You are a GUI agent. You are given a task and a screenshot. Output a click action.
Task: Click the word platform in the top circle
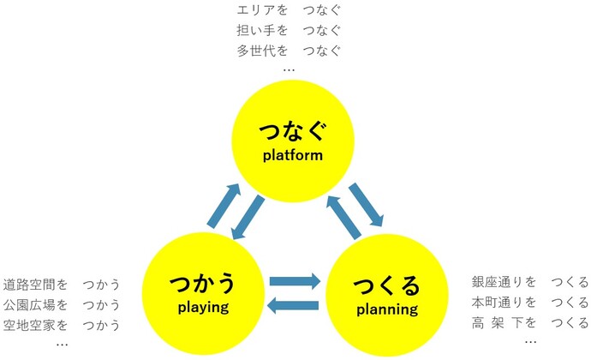click(x=293, y=155)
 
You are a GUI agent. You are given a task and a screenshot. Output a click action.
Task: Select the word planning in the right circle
click(x=386, y=308)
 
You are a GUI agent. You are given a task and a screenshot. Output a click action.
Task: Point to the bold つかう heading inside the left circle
click(x=204, y=283)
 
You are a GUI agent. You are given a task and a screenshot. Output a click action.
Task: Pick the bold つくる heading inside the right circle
click(x=386, y=285)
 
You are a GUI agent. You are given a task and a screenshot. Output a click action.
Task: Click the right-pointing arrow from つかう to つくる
click(x=295, y=279)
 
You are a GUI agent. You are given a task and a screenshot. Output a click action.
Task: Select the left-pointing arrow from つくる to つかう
click(x=295, y=303)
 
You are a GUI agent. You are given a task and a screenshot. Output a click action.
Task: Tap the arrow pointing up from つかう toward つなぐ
click(x=223, y=207)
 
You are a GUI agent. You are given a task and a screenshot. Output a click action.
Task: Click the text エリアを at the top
click(x=261, y=11)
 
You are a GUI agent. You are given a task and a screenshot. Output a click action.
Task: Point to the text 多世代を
click(x=261, y=50)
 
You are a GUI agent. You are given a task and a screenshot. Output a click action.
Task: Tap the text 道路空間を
click(x=35, y=285)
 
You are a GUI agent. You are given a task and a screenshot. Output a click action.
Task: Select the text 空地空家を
click(x=35, y=325)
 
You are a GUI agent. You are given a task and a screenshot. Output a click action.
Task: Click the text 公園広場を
click(x=35, y=304)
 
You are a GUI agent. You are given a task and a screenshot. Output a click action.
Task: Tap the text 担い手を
click(x=261, y=30)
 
